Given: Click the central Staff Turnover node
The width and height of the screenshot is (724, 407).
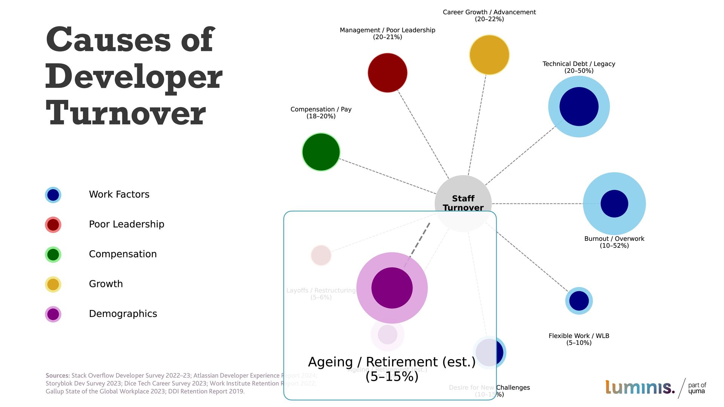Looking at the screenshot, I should coord(463,196).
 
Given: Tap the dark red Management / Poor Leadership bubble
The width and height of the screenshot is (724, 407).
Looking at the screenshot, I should coord(387,73).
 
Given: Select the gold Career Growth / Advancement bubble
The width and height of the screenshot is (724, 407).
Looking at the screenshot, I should coord(489,55).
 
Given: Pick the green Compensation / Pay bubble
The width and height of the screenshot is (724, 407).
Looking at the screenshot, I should coord(321,152).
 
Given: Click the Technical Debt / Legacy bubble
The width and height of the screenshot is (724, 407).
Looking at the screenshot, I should coord(579,107).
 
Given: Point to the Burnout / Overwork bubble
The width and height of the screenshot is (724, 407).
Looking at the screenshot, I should coord(614,203).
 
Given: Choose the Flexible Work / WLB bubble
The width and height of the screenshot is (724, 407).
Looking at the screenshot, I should coord(579,301).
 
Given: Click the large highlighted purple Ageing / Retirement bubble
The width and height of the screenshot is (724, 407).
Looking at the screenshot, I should coord(392,288).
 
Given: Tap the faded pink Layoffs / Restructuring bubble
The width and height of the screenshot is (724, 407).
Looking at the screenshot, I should coord(321,256).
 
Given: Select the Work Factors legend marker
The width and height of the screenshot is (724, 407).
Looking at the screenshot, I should coord(53,195).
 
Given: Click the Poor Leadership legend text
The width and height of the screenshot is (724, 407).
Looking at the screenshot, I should coord(126,224).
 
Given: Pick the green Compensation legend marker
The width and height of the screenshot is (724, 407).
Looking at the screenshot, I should coord(53,254).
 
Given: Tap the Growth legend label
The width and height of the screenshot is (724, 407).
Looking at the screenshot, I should coord(106,284).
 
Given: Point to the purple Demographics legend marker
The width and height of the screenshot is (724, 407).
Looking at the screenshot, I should coord(53,314).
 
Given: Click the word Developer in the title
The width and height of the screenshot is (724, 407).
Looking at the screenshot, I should coord(134,77).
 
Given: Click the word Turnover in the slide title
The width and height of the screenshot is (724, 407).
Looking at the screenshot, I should coord(126,113).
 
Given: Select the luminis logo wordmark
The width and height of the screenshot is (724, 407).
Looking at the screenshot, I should coord(640,387).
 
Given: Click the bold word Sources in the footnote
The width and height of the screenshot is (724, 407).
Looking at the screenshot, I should coord(57,375).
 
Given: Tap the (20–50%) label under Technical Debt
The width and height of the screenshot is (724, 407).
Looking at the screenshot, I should coord(579,71).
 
